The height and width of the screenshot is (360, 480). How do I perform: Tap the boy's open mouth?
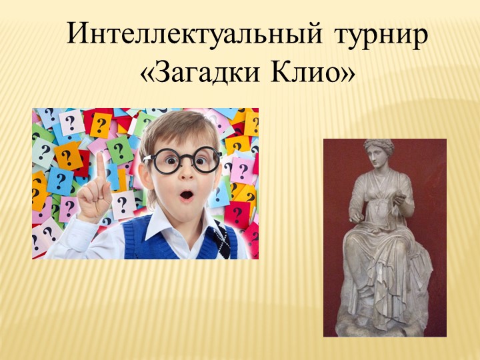(187, 195)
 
